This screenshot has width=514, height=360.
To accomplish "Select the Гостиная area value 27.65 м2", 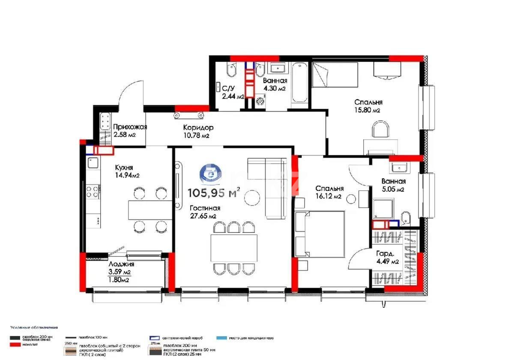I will coord(203,216).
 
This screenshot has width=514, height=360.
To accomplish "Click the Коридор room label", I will coord(198,128).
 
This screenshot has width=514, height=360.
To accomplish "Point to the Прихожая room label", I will coord(130,127).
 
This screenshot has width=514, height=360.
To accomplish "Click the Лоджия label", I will coord(121,264).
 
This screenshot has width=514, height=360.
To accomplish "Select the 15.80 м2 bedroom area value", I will coord(368,110).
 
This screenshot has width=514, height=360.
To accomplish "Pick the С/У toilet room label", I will coord(228,89).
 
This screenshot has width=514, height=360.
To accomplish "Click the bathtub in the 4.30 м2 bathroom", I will coord(299,84).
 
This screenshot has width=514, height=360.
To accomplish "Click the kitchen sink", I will coord(93,163).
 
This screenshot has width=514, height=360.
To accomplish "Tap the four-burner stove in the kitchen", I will coord(93,191).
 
